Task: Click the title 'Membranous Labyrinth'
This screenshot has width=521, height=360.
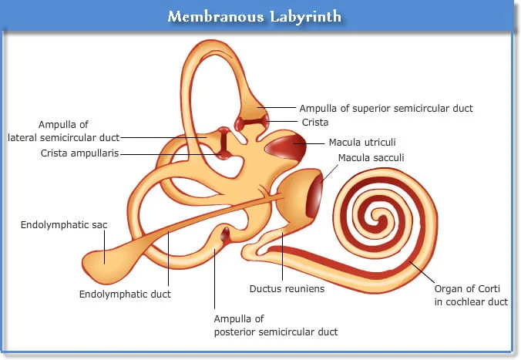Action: tap(254, 16)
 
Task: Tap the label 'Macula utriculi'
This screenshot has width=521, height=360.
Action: tap(362, 143)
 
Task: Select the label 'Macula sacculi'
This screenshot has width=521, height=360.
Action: tap(371, 157)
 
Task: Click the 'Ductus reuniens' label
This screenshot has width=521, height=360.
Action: tap(287, 288)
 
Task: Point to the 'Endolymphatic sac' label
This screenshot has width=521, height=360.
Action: tap(64, 225)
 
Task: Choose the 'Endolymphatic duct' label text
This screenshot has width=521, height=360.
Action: tap(125, 294)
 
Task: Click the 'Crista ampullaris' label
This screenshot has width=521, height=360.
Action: tap(79, 153)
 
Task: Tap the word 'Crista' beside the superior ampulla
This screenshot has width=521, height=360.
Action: tap(315, 123)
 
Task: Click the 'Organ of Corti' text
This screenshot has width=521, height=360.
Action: tap(467, 289)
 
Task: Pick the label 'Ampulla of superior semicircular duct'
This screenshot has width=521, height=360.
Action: tap(386, 109)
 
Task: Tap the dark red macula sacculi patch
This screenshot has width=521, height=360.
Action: tap(314, 194)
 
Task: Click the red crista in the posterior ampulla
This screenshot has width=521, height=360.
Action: tap(225, 234)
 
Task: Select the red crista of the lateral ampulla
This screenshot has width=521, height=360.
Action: tap(224, 143)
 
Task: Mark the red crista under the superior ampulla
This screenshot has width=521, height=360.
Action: tap(252, 123)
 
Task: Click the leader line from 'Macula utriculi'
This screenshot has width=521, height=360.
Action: tap(309, 143)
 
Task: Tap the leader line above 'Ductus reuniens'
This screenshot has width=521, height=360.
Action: tap(282, 257)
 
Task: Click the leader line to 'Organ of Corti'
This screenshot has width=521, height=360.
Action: tap(422, 272)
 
